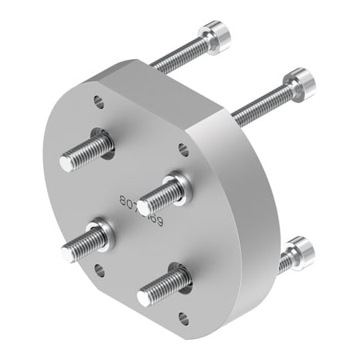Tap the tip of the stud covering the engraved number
coord(143,208)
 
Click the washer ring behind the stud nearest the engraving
coord(181,186)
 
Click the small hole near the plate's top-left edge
coord(98,102)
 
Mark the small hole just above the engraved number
coord(182,148)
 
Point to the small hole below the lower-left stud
coord(99,270)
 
